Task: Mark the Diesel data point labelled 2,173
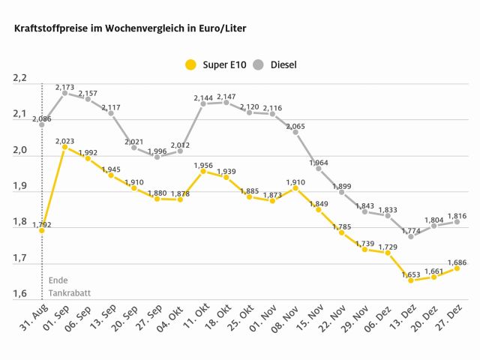pos(64,93)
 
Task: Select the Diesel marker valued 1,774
pos(410,236)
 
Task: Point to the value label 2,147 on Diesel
pos(227,97)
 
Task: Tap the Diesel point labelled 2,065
pos(295,132)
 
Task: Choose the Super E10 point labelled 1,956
pos(203,171)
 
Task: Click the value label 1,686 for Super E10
pos(457,262)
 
